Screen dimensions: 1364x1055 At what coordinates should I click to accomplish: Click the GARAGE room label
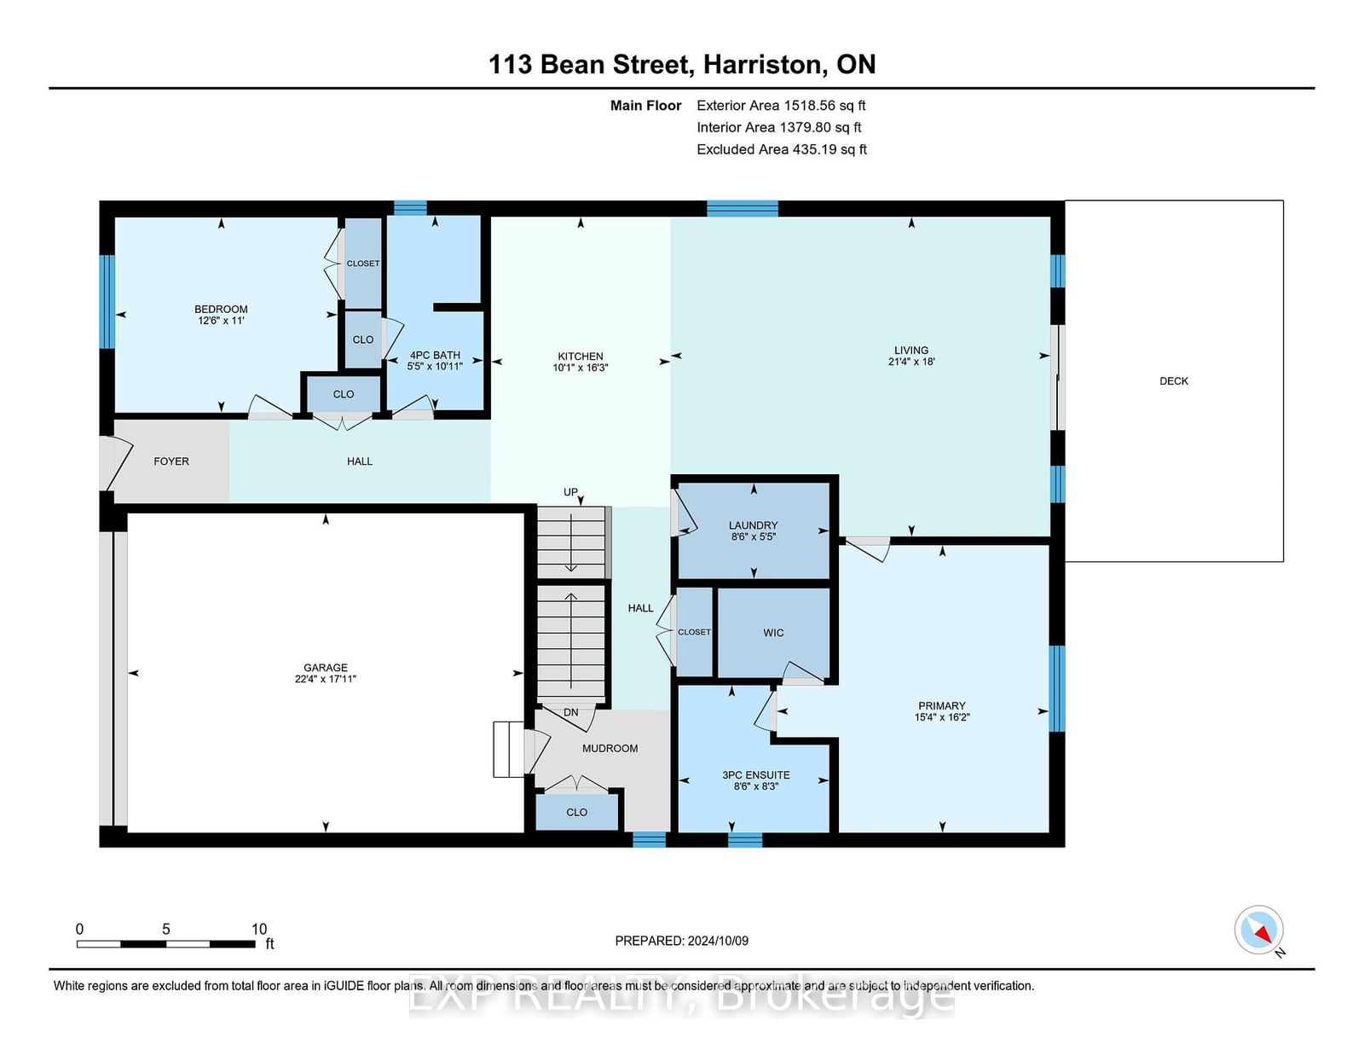pyautogui.click(x=325, y=668)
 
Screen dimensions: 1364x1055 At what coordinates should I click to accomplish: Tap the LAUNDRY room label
pyautogui.click(x=754, y=525)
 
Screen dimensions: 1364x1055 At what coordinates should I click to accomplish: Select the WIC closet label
pyautogui.click(x=773, y=632)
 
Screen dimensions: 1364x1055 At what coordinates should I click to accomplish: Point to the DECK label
pyautogui.click(x=1174, y=380)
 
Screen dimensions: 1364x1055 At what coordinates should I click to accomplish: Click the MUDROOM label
pyautogui.click(x=610, y=748)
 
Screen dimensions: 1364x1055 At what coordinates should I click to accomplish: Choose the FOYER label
pyautogui.click(x=171, y=461)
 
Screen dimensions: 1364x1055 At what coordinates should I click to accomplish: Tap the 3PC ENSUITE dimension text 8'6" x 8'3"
pyautogui.click(x=756, y=786)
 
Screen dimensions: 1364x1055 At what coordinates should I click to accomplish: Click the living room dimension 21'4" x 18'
pyautogui.click(x=911, y=362)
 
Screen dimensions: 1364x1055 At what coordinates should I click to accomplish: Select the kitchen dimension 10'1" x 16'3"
pyautogui.click(x=581, y=368)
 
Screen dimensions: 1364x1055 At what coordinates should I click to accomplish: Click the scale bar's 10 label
pyautogui.click(x=259, y=930)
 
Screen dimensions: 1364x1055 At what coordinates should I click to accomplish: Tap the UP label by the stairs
pyautogui.click(x=570, y=492)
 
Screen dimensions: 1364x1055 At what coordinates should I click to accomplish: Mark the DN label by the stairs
pyautogui.click(x=570, y=712)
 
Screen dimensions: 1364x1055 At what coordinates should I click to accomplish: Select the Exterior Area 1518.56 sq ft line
pyautogui.click(x=781, y=106)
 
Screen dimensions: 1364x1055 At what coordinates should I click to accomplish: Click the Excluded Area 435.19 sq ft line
pyautogui.click(x=782, y=149)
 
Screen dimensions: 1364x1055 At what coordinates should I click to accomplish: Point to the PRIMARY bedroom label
pyautogui.click(x=941, y=705)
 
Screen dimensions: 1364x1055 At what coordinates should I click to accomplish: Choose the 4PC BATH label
pyautogui.click(x=435, y=355)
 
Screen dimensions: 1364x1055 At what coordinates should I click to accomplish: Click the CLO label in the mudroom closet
pyautogui.click(x=577, y=812)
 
